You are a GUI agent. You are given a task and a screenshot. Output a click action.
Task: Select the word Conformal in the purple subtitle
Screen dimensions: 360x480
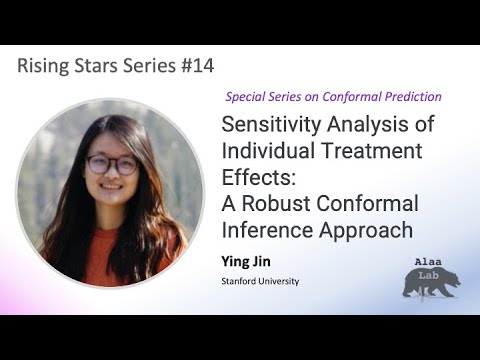(x=354, y=97)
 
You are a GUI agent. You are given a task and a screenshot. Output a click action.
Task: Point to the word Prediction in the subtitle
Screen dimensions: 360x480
(x=412, y=97)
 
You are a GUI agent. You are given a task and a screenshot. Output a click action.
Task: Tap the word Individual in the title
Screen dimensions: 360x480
(x=263, y=153)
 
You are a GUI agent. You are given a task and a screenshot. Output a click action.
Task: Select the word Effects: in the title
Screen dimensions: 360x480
(x=253, y=178)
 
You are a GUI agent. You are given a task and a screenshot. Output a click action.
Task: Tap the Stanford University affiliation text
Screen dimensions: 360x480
(x=260, y=281)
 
